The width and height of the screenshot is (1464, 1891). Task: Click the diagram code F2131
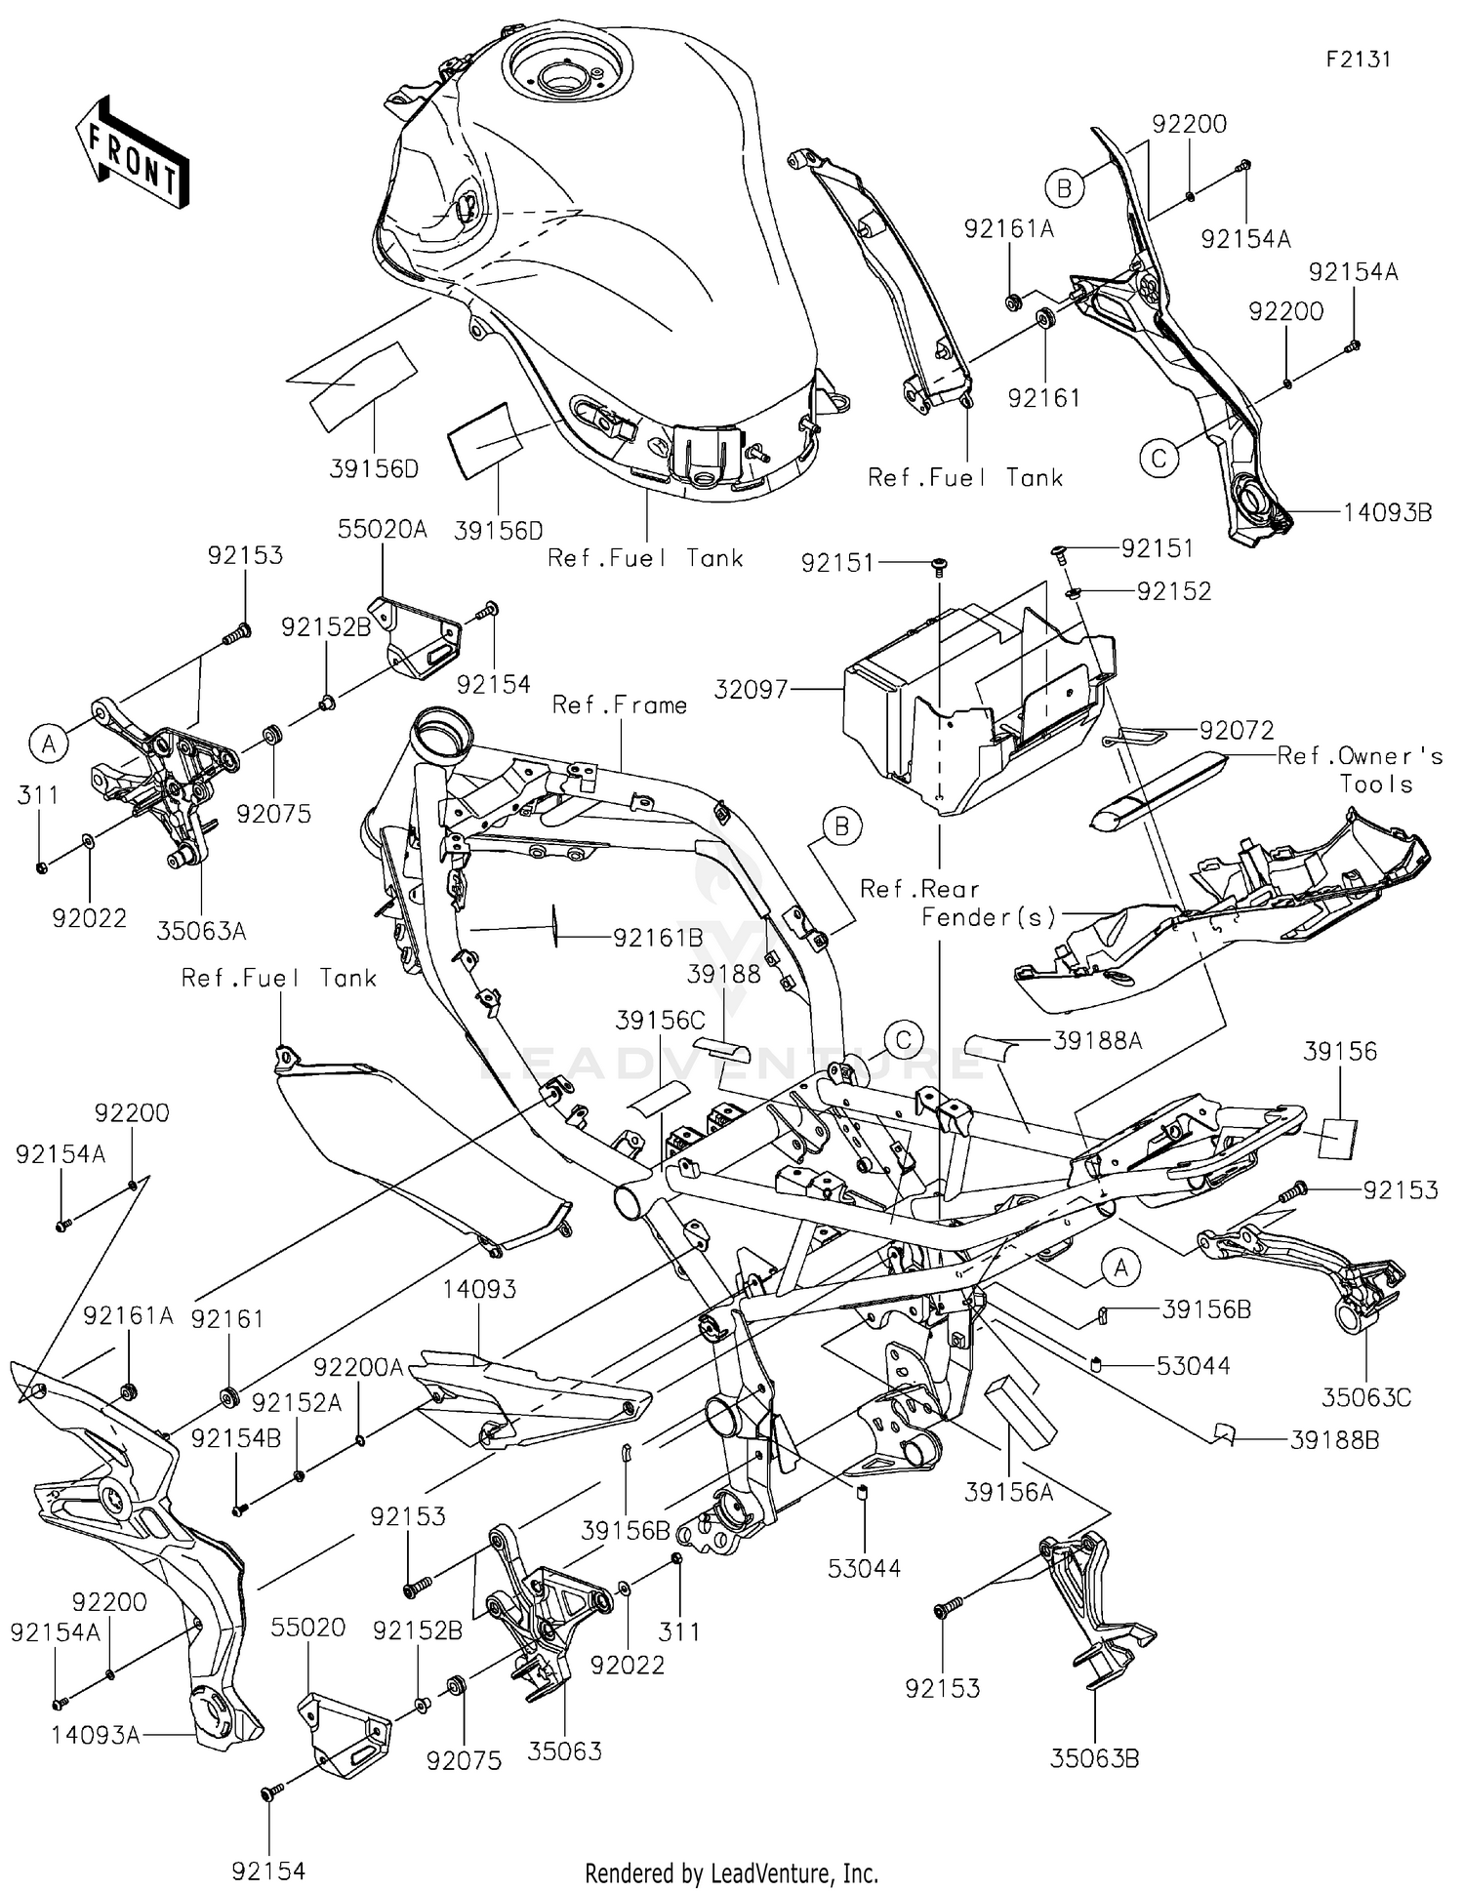coord(1358,59)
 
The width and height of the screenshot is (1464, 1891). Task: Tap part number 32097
coord(751,690)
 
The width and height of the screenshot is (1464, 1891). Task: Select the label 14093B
coord(1387,512)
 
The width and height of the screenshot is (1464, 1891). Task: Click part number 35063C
coord(1366,1397)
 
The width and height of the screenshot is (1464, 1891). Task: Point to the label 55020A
coord(383,529)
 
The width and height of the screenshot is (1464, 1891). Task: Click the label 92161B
coord(658,938)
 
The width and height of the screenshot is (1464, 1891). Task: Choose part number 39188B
coord(1334,1439)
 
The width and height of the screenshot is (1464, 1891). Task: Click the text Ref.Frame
coord(620,704)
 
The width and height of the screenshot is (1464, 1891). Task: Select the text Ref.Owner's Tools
coord(1361,770)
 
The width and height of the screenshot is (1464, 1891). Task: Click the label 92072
coord(1237,730)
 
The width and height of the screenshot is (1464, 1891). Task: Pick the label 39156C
coord(660,1021)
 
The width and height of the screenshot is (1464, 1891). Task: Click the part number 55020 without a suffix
coord(308,1627)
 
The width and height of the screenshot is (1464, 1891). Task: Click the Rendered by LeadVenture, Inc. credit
coord(731,1872)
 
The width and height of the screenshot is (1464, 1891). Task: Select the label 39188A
coord(1097,1041)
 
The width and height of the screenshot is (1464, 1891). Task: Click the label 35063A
coord(202,931)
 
